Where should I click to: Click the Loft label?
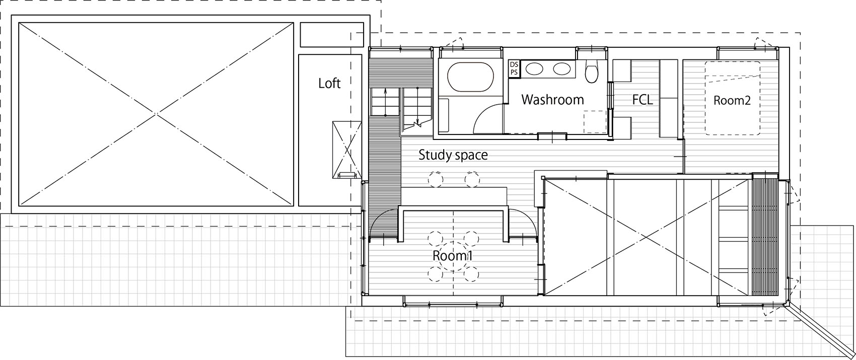(x=329, y=83)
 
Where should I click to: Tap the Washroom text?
(x=552, y=100)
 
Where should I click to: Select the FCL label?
(x=642, y=100)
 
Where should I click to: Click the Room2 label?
(x=732, y=100)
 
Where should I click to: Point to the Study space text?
(x=453, y=155)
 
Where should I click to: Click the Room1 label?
(x=452, y=256)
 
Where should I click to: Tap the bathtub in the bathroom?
(x=470, y=77)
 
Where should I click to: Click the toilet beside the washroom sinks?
(x=591, y=71)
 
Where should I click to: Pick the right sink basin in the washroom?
(x=561, y=68)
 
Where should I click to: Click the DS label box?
(x=514, y=64)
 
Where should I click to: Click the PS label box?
(x=514, y=73)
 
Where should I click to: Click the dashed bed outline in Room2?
(x=732, y=98)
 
